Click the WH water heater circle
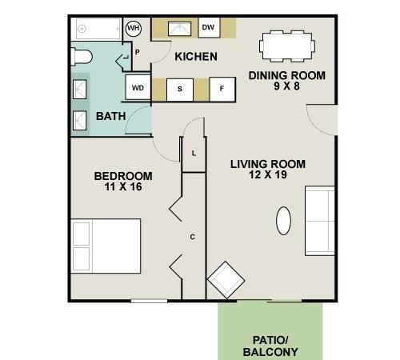pyautogui.click(x=134, y=28)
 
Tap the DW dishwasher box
pyautogui.click(x=209, y=27)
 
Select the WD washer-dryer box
pyautogui.click(x=138, y=87)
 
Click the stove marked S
pyautogui.click(x=180, y=90)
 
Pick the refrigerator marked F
pyautogui.click(x=222, y=89)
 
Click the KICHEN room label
pyautogui.click(x=196, y=57)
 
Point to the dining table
pyautogui.click(x=287, y=46)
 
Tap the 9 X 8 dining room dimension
pyautogui.click(x=287, y=86)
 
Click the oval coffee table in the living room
pyautogui.click(x=283, y=221)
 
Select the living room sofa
pyautogui.click(x=320, y=221)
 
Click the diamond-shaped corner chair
pyautogui.click(x=226, y=280)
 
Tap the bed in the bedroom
pyautogui.click(x=106, y=246)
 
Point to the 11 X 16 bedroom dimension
pyautogui.click(x=123, y=187)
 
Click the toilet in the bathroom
pyautogui.click(x=82, y=57)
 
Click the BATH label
pyautogui.click(x=111, y=116)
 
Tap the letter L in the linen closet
pyautogui.click(x=194, y=154)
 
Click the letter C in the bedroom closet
pyautogui.click(x=193, y=237)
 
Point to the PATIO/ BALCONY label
pyautogui.click(x=270, y=346)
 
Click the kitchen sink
pyautogui.click(x=179, y=29)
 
